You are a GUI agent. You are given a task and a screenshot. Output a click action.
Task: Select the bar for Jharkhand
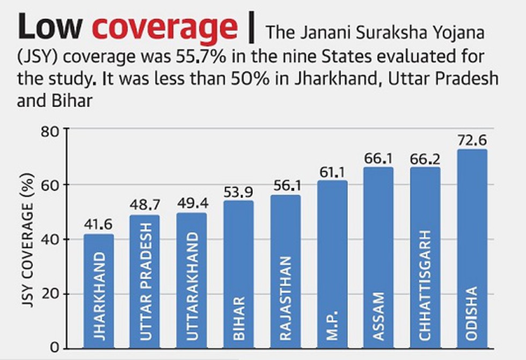coord(98,290)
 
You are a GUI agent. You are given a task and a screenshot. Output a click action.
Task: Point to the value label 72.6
coord(472,141)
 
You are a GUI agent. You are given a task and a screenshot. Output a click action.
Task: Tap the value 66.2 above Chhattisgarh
coord(425,159)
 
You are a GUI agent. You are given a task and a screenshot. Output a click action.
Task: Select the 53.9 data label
coord(238,192)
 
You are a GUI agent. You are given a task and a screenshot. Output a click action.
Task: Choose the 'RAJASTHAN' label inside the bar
coord(285,298)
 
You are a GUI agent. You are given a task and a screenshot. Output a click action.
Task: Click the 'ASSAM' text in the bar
coord(379,316)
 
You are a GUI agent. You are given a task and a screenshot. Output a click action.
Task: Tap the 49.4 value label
coord(192,204)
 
